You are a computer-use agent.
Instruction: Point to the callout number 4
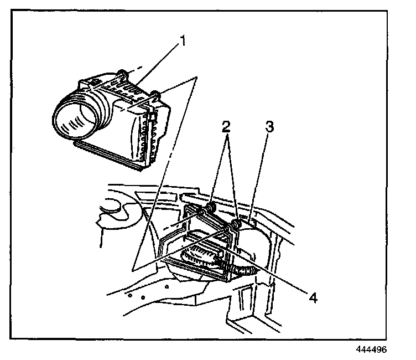click(x=313, y=297)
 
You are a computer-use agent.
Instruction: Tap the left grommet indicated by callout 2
click(x=210, y=208)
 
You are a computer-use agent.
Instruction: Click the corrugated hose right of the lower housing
click(x=246, y=271)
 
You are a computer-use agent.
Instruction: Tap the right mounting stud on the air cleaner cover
click(x=156, y=95)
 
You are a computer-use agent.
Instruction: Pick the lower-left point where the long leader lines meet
click(x=135, y=270)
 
